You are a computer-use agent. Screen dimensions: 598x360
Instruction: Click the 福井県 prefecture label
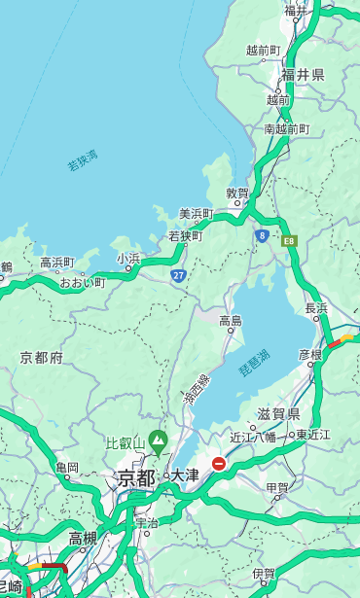click(x=303, y=75)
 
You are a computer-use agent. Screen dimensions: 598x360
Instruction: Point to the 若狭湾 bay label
click(x=82, y=160)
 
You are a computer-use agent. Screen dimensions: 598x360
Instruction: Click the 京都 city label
click(x=136, y=477)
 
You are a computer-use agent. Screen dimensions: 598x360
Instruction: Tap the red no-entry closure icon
click(x=219, y=465)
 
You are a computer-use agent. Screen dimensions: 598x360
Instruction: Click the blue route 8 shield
click(x=262, y=235)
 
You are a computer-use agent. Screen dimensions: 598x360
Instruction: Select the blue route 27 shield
click(x=179, y=275)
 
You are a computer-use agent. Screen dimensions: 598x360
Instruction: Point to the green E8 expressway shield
click(x=289, y=240)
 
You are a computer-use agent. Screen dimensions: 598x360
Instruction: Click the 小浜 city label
click(x=128, y=258)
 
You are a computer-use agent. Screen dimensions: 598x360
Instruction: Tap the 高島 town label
click(x=231, y=320)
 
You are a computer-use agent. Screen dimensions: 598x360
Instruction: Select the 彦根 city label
click(x=310, y=355)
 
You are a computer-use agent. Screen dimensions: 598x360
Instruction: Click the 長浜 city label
click(x=317, y=308)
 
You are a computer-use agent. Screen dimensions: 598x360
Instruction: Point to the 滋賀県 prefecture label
click(x=277, y=414)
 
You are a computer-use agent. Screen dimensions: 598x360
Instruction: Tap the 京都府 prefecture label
click(x=42, y=358)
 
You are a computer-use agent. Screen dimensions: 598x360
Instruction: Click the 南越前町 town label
click(x=286, y=128)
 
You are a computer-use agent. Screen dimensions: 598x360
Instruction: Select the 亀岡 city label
click(x=67, y=468)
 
